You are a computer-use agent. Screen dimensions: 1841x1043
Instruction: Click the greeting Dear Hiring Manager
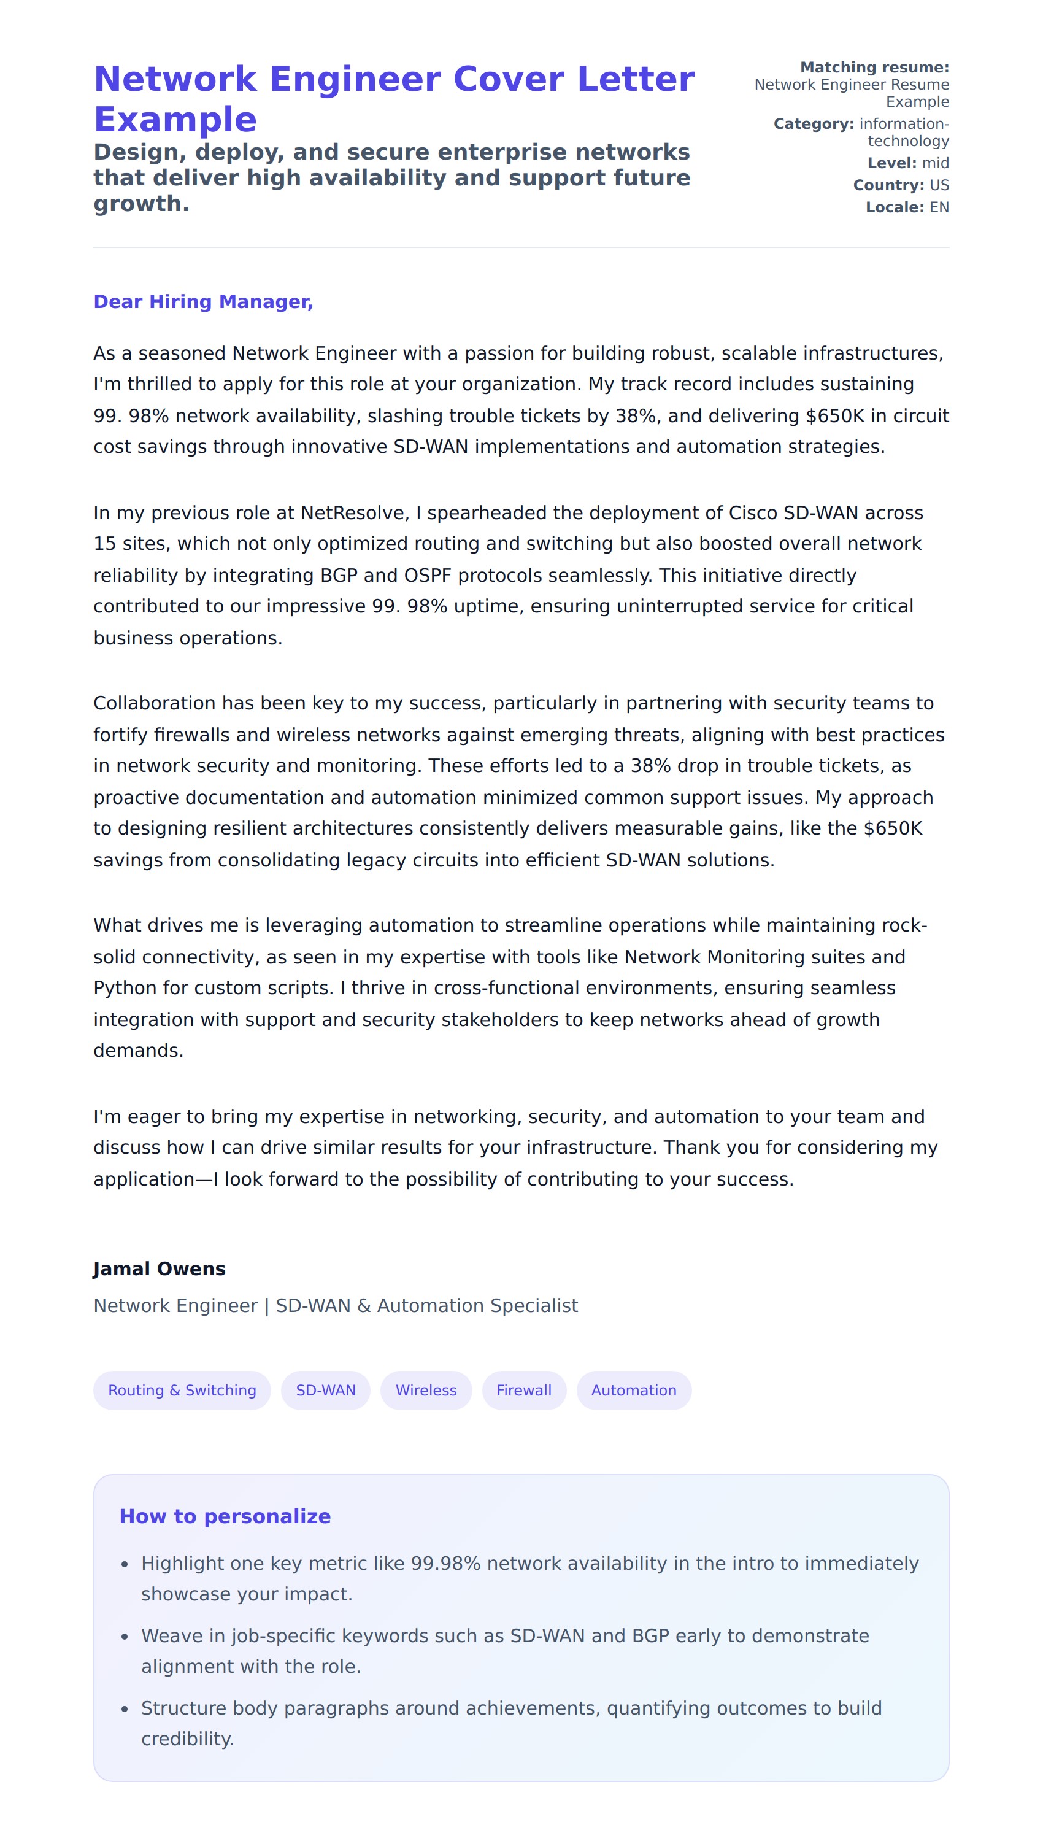204,301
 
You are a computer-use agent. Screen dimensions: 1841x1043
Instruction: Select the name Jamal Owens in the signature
159,1268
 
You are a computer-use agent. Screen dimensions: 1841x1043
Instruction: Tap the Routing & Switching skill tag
182,1391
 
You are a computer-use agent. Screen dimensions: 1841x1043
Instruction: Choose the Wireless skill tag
426,1391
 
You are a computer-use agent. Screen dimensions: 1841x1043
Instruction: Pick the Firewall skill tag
524,1391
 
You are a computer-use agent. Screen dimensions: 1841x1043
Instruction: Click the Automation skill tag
633,1391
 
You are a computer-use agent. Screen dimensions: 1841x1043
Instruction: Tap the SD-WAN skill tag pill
325,1391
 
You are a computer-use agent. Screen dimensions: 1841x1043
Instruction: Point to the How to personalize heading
225,1516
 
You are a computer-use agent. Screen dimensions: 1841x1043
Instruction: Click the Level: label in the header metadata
891,163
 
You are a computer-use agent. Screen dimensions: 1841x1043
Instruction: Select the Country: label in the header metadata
888,185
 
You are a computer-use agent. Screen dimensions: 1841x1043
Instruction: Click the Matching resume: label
874,68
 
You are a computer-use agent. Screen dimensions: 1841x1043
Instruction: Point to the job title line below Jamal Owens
335,1306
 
